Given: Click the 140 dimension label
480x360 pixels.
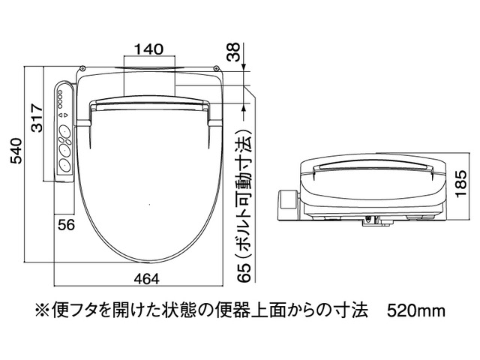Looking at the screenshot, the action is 149,49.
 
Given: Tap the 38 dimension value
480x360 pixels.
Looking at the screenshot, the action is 235,52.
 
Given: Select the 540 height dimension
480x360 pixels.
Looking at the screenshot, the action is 16,151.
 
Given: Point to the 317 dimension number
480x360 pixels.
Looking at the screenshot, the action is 37,118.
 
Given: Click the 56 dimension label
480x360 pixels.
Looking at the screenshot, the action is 67,225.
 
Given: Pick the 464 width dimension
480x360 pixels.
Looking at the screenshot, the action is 147,279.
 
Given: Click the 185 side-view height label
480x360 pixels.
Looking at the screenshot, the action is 460,184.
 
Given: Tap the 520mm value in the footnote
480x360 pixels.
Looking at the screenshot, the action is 416,311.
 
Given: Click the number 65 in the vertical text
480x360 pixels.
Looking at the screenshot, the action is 244,272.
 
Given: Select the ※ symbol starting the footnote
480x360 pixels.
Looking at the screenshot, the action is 42,311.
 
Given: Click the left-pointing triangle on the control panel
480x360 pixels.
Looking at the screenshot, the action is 60,115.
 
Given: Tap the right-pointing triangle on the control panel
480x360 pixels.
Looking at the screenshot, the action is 66,115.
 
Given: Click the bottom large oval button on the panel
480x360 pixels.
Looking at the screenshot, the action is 65,166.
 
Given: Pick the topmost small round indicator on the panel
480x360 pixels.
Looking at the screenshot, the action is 60,91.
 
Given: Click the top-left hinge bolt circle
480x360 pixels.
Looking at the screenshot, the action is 82,68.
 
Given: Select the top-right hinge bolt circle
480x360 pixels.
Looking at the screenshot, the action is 216,68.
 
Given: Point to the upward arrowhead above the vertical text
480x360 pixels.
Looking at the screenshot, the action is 244,107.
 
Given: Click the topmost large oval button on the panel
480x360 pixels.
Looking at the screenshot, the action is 65,132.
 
